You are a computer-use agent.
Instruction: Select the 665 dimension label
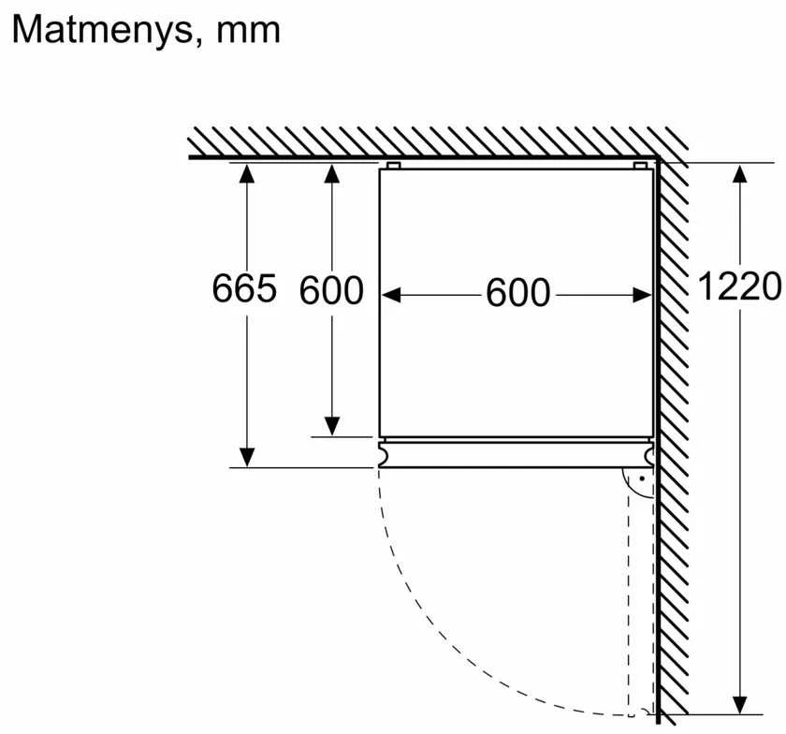coord(244,288)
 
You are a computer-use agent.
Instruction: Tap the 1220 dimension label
coord(739,286)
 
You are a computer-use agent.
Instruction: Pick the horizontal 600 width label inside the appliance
coord(517,292)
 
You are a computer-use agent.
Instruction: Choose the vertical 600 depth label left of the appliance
coord(331,290)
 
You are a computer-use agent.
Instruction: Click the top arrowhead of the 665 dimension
coord(247,173)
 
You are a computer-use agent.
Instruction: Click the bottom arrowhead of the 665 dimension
coord(247,457)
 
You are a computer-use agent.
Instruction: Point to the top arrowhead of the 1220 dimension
coord(740,173)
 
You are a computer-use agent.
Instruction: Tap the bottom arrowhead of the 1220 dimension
coord(740,704)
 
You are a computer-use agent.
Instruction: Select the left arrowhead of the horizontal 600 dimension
coord(391,295)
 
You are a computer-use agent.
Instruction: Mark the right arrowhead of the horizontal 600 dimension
coord(642,295)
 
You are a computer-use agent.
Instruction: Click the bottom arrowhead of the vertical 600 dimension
coord(332,427)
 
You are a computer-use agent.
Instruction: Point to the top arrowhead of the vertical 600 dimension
coord(332,173)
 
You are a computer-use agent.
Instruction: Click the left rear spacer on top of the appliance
coord(394,166)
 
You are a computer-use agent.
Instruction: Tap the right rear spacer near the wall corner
coord(640,166)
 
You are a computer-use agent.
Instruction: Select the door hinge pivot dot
coord(642,479)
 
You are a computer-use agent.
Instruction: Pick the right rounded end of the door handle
coord(649,455)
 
